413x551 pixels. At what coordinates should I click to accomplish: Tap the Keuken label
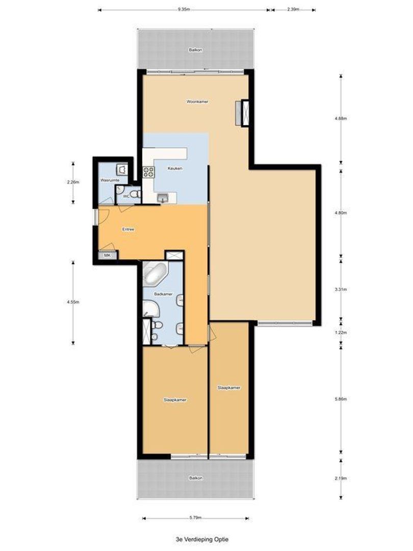pos(175,168)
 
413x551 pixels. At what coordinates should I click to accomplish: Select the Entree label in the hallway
pos(128,230)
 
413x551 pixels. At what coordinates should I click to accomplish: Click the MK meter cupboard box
pos(108,255)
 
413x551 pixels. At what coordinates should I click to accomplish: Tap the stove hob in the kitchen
pos(148,172)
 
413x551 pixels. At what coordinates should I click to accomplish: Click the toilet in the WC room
pos(134,193)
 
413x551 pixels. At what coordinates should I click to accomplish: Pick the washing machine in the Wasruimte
pos(122,169)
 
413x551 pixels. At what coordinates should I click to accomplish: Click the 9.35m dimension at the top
pos(184,9)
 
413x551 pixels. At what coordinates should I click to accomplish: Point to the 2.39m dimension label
pos(293,9)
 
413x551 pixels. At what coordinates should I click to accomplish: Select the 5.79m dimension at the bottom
pos(196,517)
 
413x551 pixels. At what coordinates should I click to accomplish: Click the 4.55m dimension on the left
pos(72,302)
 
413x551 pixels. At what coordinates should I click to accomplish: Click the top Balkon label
pos(194,50)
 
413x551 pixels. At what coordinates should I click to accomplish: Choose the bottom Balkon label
pos(196,478)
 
